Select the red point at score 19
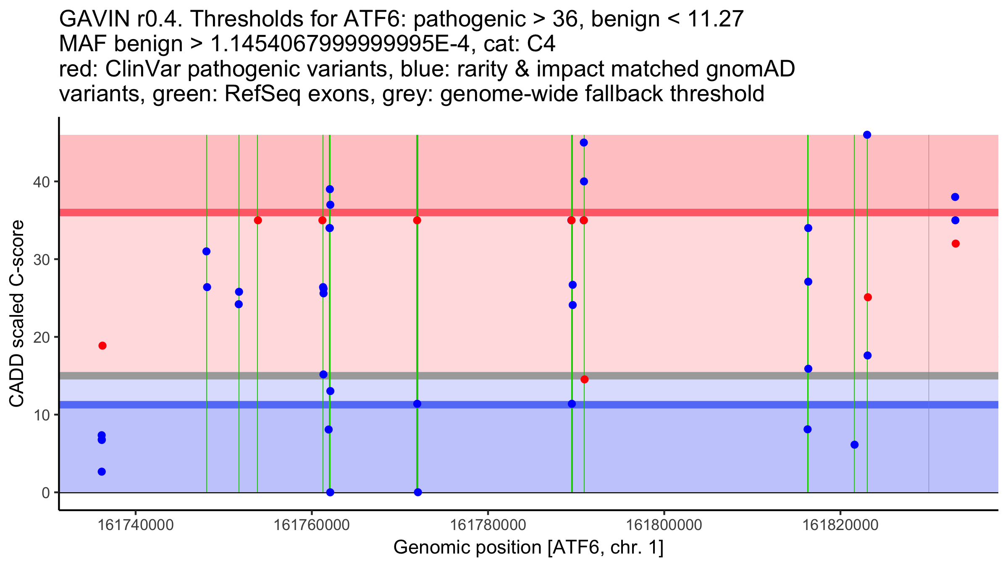pos(102,346)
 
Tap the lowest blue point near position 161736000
pos(102,472)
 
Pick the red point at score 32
pos(955,244)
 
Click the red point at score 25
pos(868,297)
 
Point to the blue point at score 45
pos(584,143)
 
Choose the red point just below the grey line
pos(585,379)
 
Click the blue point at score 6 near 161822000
pos(854,445)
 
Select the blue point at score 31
pos(206,252)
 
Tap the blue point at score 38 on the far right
pos(955,197)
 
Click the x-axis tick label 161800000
pos(664,525)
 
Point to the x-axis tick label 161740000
pos(135,525)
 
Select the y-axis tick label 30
pos(41,259)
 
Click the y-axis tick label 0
pos(46,492)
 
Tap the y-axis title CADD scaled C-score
pos(17,314)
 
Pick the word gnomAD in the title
pos(750,69)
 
